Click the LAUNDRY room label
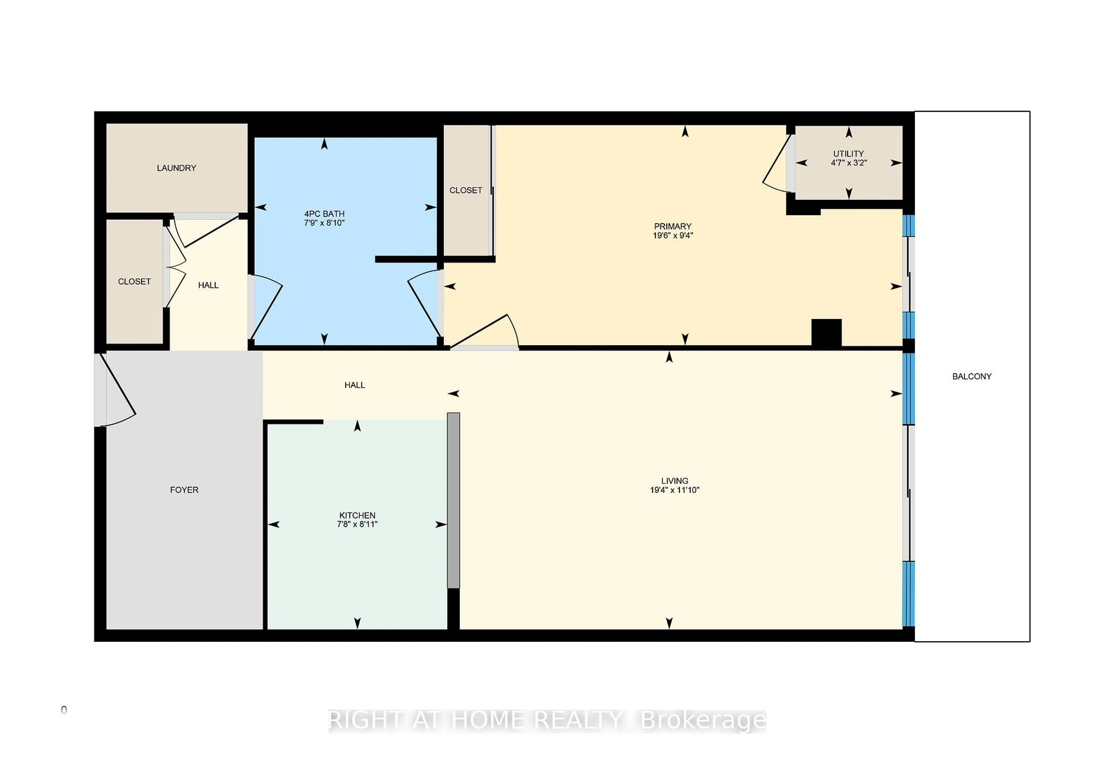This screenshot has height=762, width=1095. pyautogui.click(x=177, y=168)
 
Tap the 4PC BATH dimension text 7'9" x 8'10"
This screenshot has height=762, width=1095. pyautogui.click(x=324, y=223)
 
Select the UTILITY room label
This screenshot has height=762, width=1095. pyautogui.click(x=848, y=153)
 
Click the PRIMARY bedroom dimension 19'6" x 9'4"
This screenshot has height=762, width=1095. pyautogui.click(x=672, y=235)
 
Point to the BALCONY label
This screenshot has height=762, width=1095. pyautogui.click(x=972, y=376)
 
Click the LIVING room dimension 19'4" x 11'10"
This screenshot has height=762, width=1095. pyautogui.click(x=674, y=490)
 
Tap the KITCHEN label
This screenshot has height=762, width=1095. pyautogui.click(x=357, y=515)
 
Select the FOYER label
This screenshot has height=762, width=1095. pyautogui.click(x=184, y=490)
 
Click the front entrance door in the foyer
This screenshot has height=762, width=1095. pyautogui.click(x=117, y=391)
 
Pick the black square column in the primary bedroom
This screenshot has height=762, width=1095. pyautogui.click(x=826, y=332)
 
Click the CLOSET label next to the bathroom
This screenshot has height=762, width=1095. pyautogui.click(x=465, y=190)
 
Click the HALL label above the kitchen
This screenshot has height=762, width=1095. pyautogui.click(x=354, y=385)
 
